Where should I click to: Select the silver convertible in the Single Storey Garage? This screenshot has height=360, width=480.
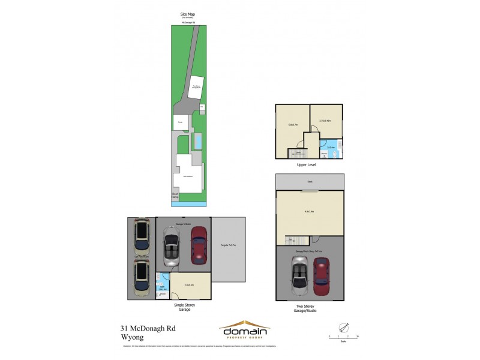[172, 251]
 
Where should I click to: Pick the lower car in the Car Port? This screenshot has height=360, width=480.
[142, 280]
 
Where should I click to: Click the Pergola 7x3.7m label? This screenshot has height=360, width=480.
[229, 245]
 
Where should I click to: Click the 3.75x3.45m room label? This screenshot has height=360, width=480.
[326, 120]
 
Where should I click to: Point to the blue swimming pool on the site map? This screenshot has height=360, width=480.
[198, 142]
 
